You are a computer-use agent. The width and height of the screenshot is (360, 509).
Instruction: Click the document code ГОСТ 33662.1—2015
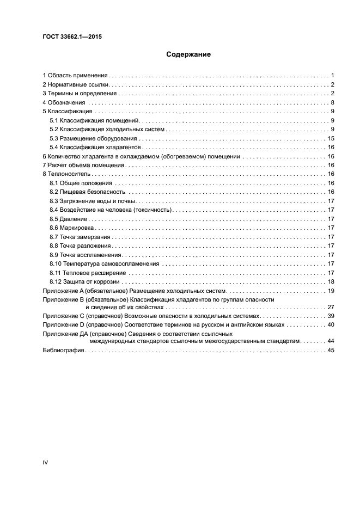(x=72, y=36)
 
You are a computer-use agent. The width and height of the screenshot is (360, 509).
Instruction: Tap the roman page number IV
(x=45, y=462)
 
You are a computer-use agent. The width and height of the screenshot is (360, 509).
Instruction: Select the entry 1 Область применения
(x=76, y=75)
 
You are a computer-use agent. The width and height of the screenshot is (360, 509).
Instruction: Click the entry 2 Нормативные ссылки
(x=76, y=84)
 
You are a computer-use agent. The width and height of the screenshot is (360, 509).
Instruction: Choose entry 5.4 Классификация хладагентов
(x=96, y=148)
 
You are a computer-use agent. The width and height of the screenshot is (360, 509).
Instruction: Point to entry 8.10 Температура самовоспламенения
(x=104, y=263)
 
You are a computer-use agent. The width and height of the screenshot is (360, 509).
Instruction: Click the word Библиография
(x=63, y=351)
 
